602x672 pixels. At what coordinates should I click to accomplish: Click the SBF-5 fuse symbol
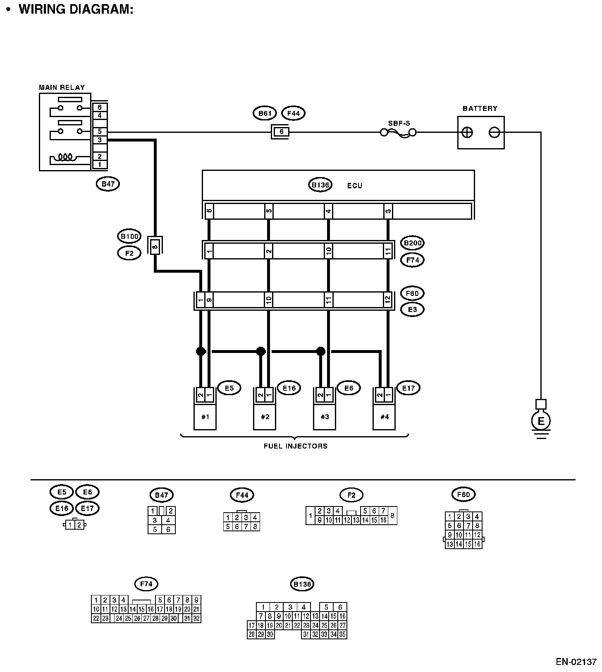pyautogui.click(x=398, y=132)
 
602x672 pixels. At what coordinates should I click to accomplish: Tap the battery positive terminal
pyautogui.click(x=467, y=132)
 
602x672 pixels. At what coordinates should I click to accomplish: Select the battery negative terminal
pyautogui.click(x=494, y=132)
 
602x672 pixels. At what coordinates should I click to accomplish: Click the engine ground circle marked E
pyautogui.click(x=540, y=421)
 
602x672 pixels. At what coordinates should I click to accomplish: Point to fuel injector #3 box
pyautogui.click(x=325, y=416)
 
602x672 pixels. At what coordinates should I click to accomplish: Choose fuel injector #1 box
pyautogui.click(x=205, y=416)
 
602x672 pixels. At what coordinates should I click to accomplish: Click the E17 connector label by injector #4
pyautogui.click(x=408, y=388)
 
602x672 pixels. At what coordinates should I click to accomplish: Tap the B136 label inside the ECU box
pyautogui.click(x=320, y=185)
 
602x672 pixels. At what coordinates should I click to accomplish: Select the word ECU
pyautogui.click(x=354, y=186)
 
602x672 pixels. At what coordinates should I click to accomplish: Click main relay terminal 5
pyautogui.click(x=100, y=132)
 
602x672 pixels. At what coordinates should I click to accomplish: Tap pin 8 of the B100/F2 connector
pyautogui.click(x=155, y=247)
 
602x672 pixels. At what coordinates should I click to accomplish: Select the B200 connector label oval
pyautogui.click(x=412, y=243)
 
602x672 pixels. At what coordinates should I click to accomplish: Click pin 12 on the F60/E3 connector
pyautogui.click(x=387, y=300)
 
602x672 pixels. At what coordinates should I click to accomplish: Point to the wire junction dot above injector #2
pyautogui.click(x=260, y=351)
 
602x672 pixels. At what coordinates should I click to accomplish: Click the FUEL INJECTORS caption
pyautogui.click(x=295, y=446)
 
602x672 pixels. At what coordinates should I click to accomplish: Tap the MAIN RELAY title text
pyautogui.click(x=62, y=87)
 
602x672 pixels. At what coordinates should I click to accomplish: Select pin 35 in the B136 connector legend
pyautogui.click(x=342, y=634)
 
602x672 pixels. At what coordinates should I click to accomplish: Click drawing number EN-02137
pyautogui.click(x=576, y=661)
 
